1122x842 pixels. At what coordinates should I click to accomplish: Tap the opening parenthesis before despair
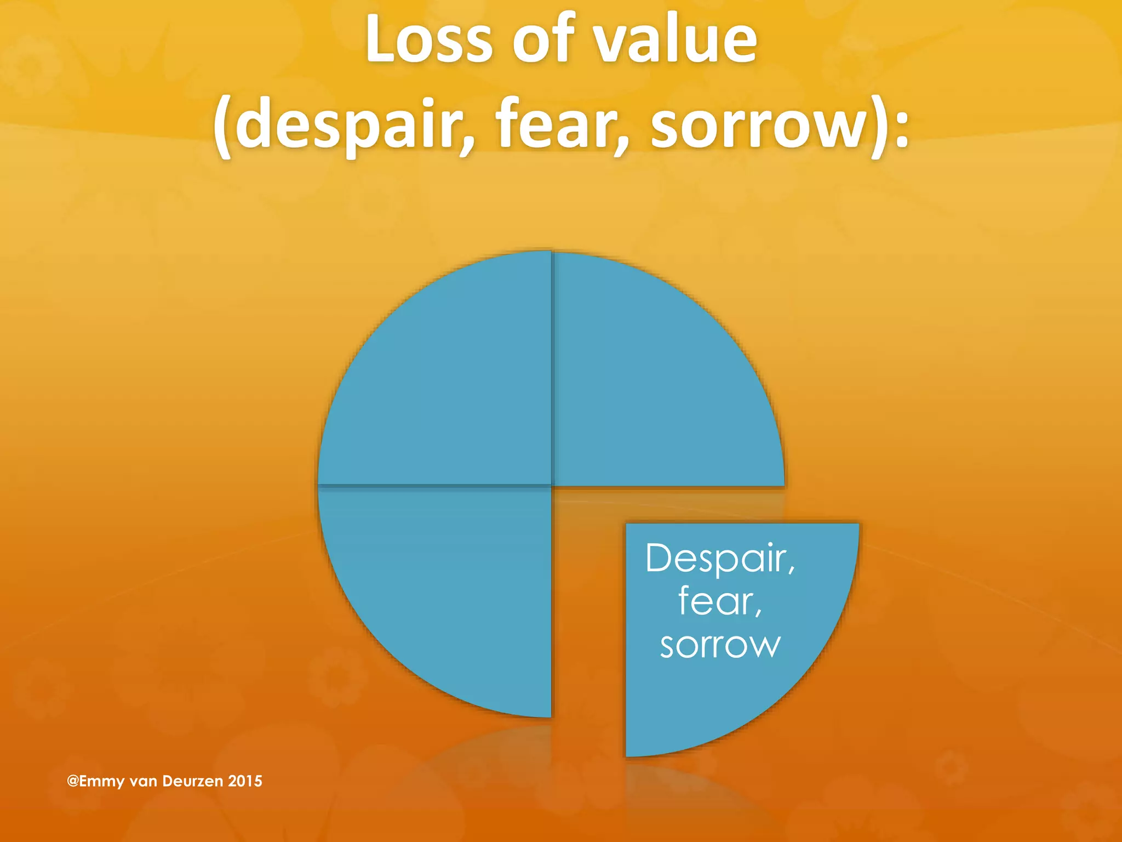point(221,126)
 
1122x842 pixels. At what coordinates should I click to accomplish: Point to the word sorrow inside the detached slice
point(720,646)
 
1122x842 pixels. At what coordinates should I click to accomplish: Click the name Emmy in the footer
point(102,781)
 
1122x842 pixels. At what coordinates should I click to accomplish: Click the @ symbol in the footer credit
point(72,781)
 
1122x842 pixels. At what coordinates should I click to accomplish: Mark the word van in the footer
point(144,781)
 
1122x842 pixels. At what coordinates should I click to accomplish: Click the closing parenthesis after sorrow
point(881,126)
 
